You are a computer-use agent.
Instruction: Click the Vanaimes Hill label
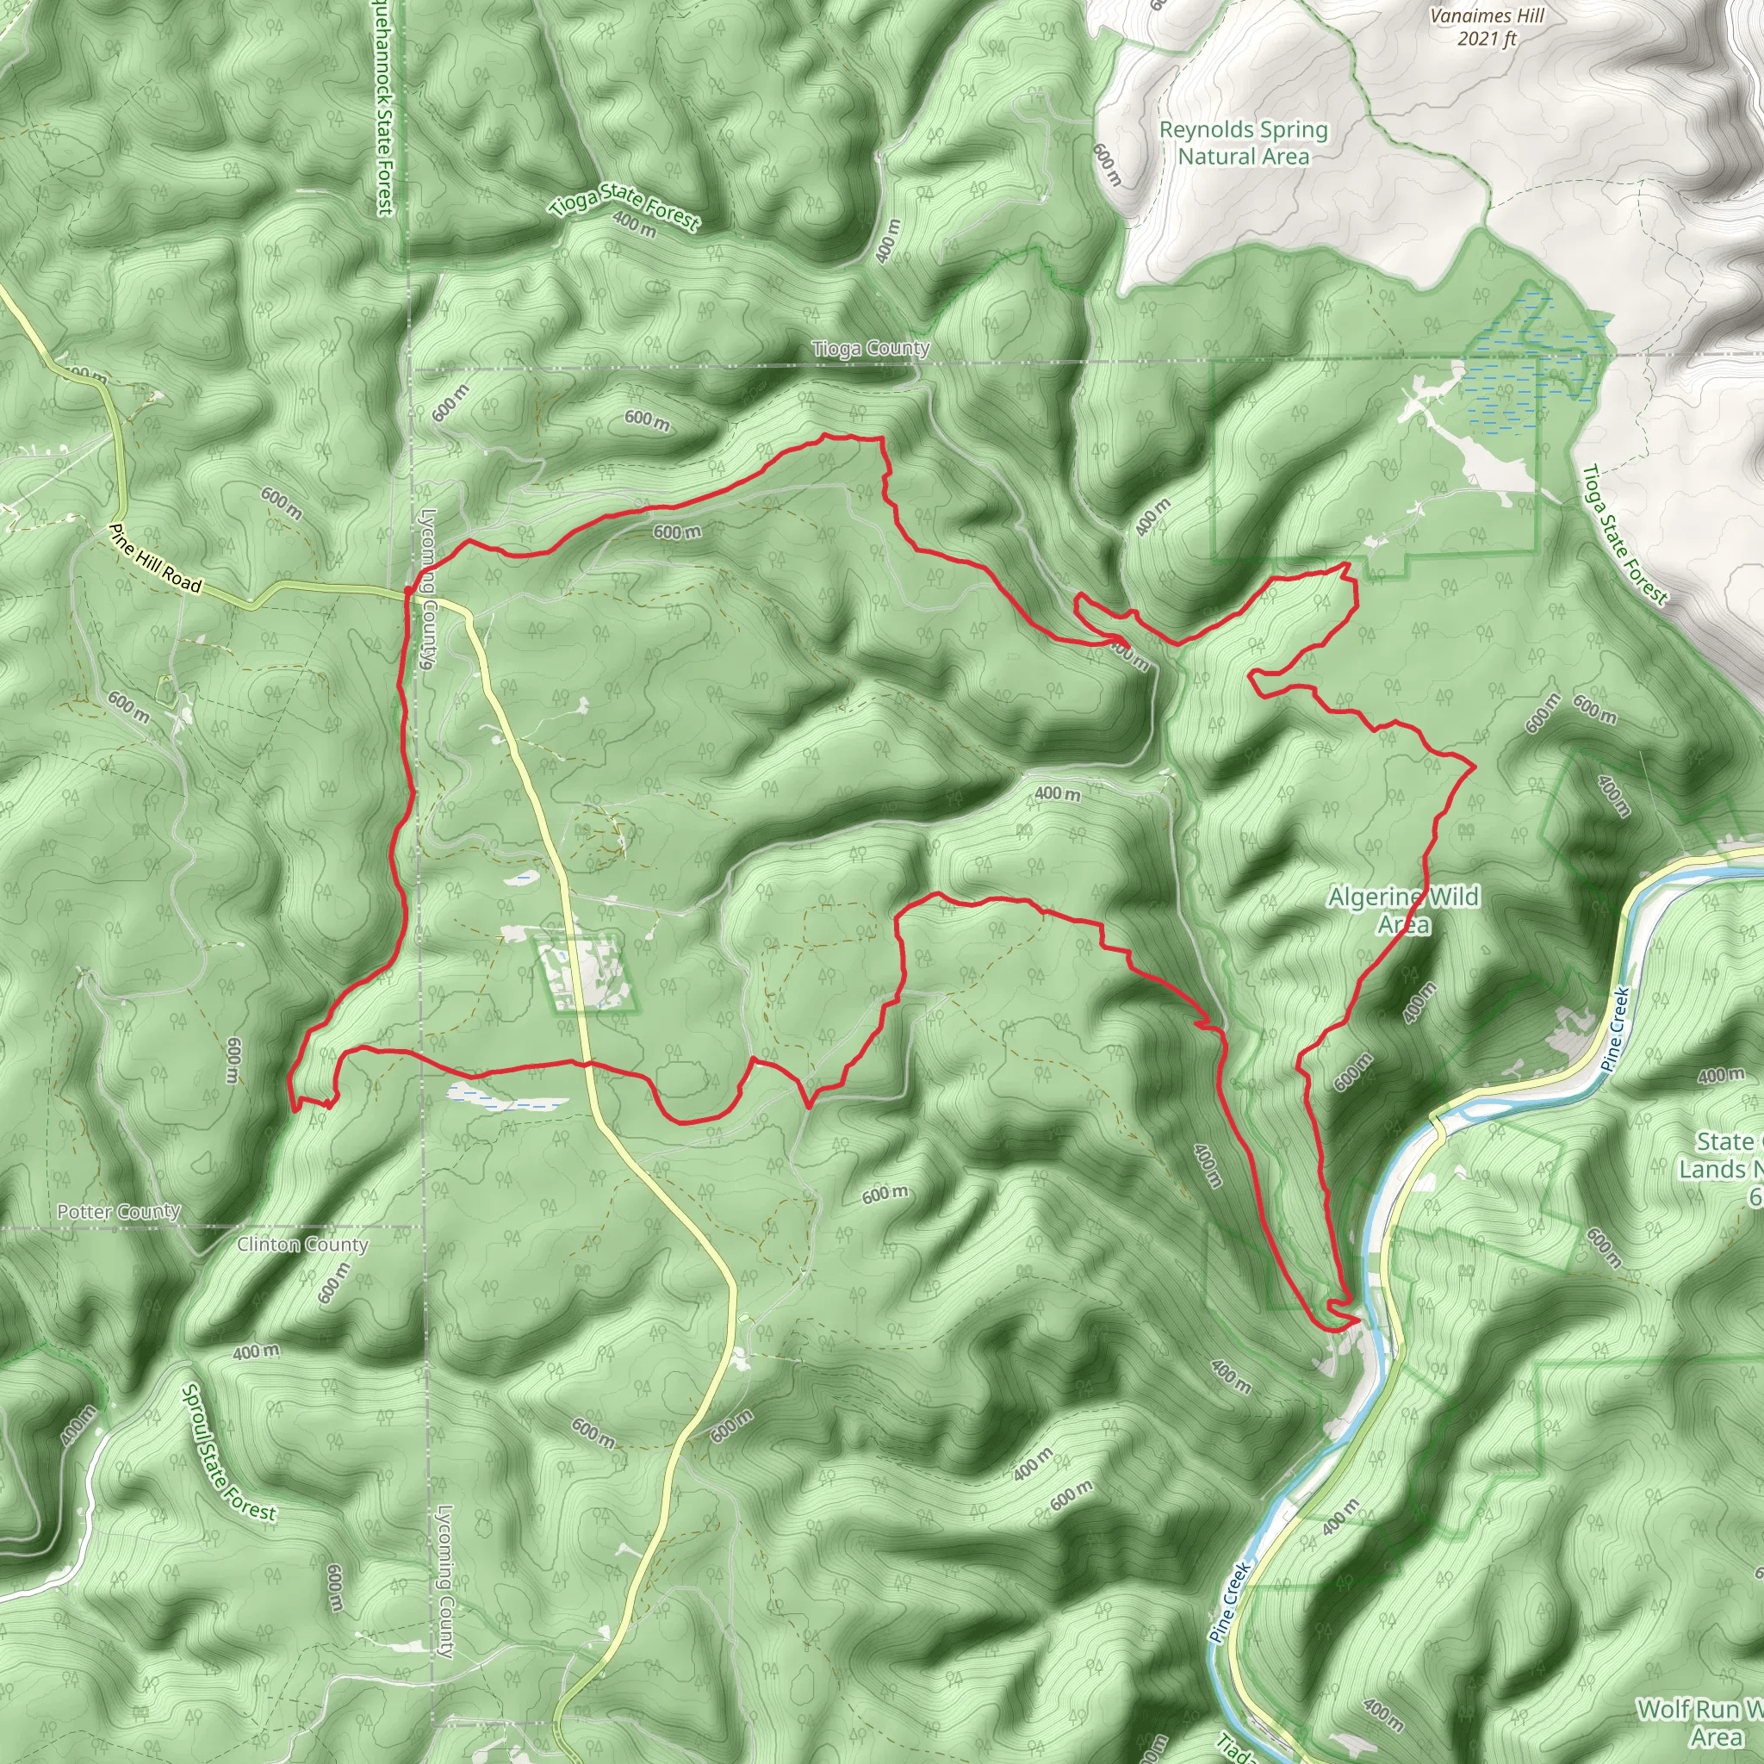click(x=1488, y=16)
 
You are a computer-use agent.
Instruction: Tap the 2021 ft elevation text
click(x=1488, y=39)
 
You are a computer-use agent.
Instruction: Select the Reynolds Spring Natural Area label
click(x=1244, y=143)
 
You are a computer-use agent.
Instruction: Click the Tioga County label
click(x=871, y=349)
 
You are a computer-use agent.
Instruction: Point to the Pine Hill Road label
click(x=154, y=558)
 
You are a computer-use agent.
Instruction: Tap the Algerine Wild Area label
click(x=1403, y=910)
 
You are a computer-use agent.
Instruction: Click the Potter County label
click(x=119, y=1212)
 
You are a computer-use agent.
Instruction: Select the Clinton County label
click(x=302, y=1245)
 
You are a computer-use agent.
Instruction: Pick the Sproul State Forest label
click(x=227, y=1459)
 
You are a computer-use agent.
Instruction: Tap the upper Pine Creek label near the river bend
click(x=1614, y=1028)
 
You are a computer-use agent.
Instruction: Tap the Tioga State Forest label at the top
click(x=624, y=209)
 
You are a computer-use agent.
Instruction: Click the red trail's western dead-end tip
click(x=294, y=1109)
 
